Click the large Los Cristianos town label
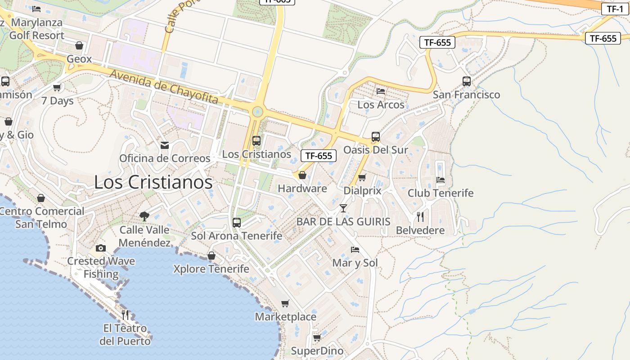pos(153,182)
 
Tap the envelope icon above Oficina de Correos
pos(165,145)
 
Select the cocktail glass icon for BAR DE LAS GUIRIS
pos(343,208)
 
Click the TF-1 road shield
pos(615,9)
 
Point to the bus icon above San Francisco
pos(467,81)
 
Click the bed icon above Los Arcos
pos(381,91)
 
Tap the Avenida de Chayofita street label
pos(164,87)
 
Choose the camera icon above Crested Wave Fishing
pos(101,248)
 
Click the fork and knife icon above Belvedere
pos(420,217)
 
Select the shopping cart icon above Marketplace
pos(285,303)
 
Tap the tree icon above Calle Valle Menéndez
pos(144,216)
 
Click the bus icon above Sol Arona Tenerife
pos(237,222)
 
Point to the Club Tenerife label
pos(441,193)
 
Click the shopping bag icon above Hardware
pos(302,175)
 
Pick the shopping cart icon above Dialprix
pos(362,177)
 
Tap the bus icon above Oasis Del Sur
pos(376,137)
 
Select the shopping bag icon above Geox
pos(79,45)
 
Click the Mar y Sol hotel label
pos(355,263)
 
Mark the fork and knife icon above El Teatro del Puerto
pos(125,315)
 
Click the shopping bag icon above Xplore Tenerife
pos(211,256)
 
